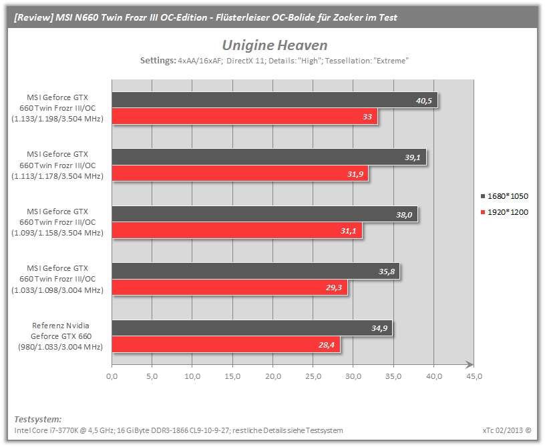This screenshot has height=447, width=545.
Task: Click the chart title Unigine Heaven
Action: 275,45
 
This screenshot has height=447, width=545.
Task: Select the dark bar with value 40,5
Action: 275,100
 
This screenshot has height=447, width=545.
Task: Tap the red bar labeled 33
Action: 244,116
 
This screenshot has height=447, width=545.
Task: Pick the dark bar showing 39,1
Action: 269,157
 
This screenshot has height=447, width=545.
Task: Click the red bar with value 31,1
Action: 237,231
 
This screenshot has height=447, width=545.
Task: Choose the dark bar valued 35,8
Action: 256,271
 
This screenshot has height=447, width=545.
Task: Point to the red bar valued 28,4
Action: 226,344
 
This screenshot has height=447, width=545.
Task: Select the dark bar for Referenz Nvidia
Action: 252,328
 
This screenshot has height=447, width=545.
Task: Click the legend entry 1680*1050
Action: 504,196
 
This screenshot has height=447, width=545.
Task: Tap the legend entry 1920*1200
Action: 504,212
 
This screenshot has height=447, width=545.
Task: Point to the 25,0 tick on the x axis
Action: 313,376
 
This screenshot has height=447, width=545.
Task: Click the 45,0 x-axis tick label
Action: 474,376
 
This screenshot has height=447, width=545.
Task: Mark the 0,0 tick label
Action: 112,376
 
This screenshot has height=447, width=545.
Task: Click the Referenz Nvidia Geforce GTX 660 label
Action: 61,336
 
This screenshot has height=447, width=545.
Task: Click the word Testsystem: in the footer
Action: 38,419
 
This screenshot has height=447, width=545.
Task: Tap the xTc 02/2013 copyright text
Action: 507,430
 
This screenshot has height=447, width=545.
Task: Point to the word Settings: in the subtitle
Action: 158,61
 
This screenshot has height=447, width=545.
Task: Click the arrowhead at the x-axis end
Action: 470,364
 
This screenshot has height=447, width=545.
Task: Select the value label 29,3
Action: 334,288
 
